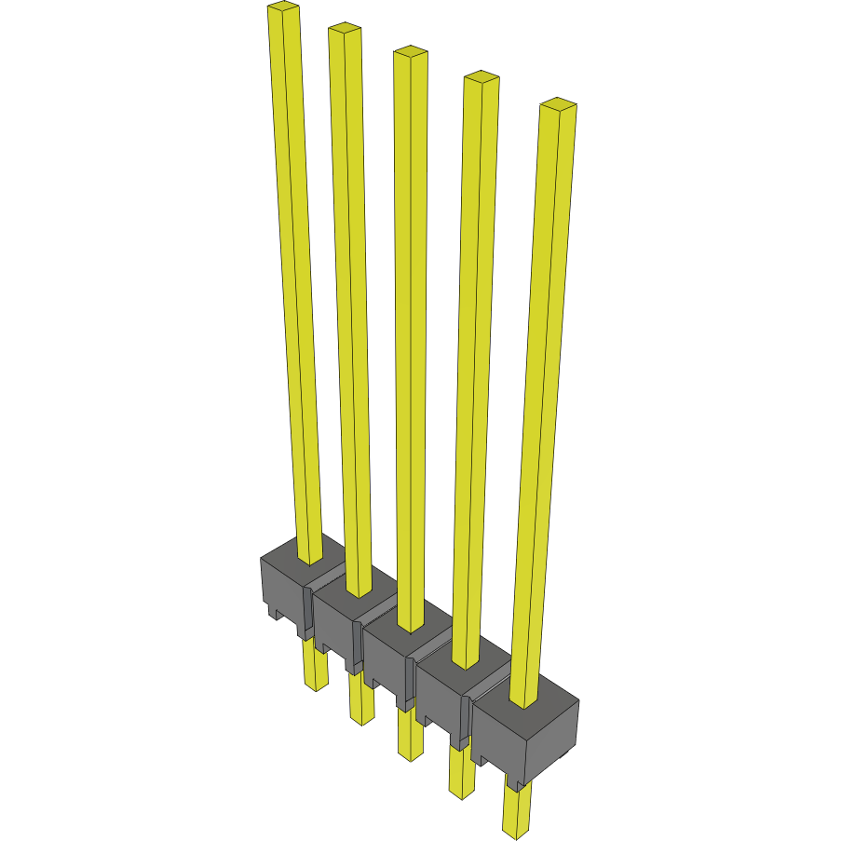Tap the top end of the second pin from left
344,30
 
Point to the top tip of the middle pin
410,53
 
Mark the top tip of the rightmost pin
557,103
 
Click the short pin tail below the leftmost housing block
316,669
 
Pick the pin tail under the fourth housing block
460,771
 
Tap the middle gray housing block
387,657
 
